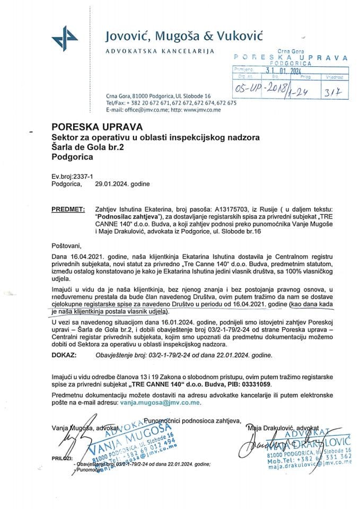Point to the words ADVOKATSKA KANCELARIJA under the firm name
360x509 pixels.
[160, 51]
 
